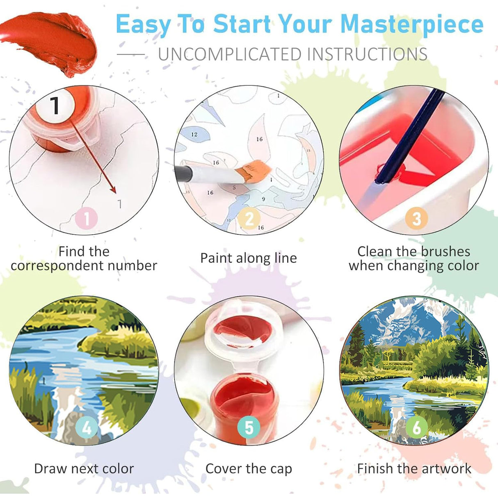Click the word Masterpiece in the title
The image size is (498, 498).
tap(411, 25)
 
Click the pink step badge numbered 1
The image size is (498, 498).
tap(86, 218)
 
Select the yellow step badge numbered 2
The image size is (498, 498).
tap(249, 218)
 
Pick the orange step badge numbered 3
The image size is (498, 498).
tap(416, 218)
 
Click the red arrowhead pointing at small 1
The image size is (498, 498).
tap(114, 190)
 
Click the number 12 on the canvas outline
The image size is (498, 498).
tap(194, 134)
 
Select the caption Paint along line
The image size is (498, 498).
tap(248, 258)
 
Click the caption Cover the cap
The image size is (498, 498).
tap(249, 468)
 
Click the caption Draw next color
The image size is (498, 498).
tap(84, 468)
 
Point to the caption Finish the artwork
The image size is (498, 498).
tap(414, 468)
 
